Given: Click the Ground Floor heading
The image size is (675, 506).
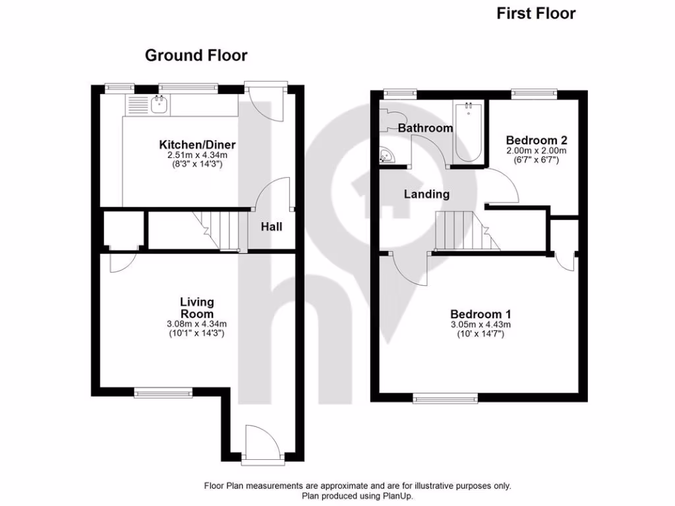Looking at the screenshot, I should pos(196,55).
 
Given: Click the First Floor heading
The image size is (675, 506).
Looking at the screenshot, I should pos(536,13).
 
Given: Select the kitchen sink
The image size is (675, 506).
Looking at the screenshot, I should pos(159,103).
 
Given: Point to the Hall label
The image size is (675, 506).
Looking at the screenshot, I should pos(271,227).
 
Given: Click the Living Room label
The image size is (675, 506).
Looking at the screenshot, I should pos(197,308).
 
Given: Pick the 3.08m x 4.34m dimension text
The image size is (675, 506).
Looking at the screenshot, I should pos(197,323).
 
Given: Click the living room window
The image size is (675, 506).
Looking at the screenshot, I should pos(163,393).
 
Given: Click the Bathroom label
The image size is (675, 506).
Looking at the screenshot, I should pos(425,128).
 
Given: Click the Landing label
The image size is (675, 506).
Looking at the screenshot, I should pos(426,194).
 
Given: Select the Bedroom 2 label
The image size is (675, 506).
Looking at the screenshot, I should pos(537,140).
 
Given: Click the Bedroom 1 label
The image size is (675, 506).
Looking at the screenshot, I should pos(481,314).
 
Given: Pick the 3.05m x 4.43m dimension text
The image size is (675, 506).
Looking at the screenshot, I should pos(481,325).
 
